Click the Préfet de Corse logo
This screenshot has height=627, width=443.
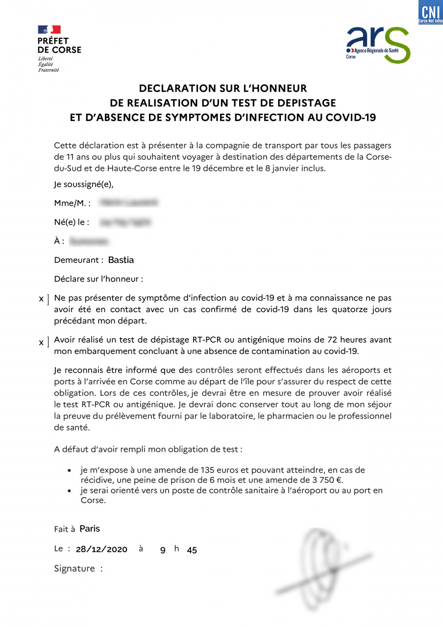(x=59, y=48)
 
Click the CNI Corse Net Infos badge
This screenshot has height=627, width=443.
(x=430, y=12)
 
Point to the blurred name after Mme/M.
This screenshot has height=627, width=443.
(x=128, y=202)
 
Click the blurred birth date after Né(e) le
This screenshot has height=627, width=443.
(x=124, y=222)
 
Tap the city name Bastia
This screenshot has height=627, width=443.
(x=121, y=260)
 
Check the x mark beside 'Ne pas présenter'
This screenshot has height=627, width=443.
(x=41, y=299)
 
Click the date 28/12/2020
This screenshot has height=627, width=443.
(x=101, y=550)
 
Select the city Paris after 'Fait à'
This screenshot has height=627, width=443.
(x=90, y=528)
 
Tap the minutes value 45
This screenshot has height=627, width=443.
(x=192, y=550)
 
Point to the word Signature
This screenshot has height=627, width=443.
(x=74, y=569)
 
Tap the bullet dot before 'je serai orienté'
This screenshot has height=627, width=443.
(x=70, y=490)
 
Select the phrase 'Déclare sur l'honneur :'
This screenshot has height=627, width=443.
(x=98, y=279)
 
